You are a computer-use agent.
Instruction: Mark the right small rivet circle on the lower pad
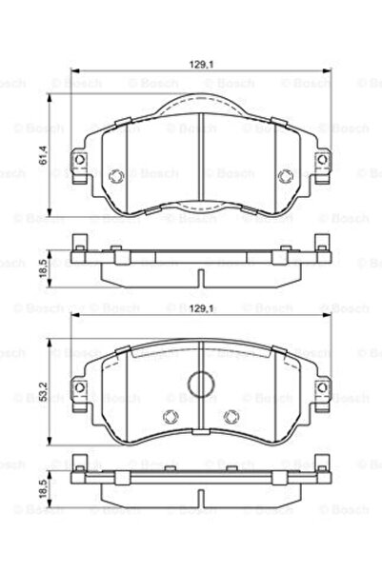[x=231, y=415]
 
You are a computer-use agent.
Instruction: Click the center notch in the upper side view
[x=200, y=277]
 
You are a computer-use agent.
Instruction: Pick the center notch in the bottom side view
[x=200, y=502]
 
